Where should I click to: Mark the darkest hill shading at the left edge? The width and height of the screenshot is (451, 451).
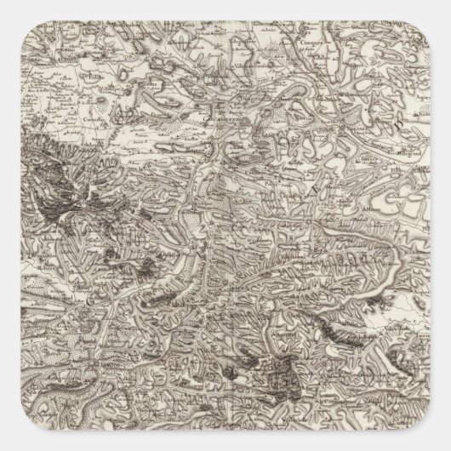[26, 170]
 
